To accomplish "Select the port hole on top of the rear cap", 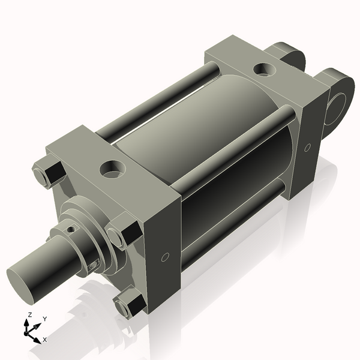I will pyautogui.click(x=262, y=70).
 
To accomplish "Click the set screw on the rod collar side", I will pyautogui.click(x=92, y=266).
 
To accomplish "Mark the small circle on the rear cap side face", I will pyautogui.click(x=307, y=147).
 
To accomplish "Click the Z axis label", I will pyautogui.click(x=30, y=315).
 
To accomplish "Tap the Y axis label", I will pyautogui.click(x=44, y=319).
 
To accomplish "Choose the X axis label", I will pyautogui.click(x=44, y=340).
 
